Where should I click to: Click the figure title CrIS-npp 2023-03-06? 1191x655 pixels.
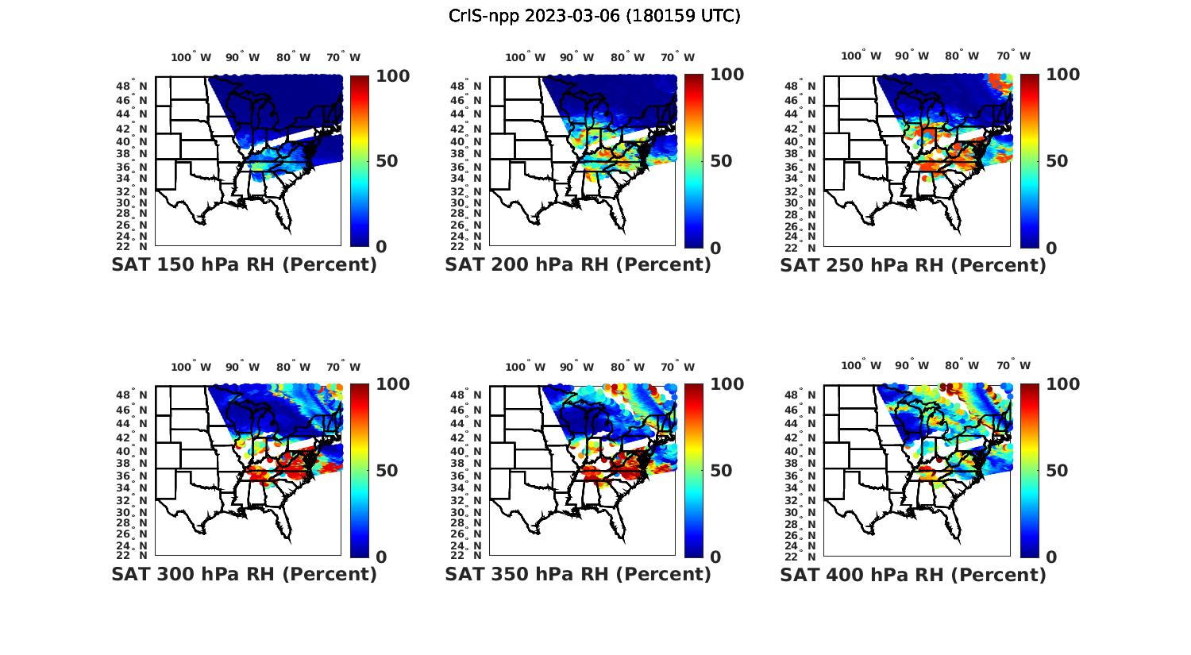[x=594, y=16]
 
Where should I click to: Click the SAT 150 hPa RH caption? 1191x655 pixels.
[x=244, y=265]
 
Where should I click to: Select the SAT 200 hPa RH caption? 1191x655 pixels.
[x=578, y=265]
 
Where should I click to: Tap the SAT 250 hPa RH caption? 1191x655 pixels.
[x=913, y=265]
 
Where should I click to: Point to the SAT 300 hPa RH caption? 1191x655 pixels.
[x=244, y=574]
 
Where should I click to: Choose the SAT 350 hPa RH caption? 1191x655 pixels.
[x=578, y=574]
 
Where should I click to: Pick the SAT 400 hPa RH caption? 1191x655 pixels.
[x=913, y=574]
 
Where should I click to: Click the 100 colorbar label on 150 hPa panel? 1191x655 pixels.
[x=369, y=76]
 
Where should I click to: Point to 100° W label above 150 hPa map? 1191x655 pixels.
[x=191, y=57]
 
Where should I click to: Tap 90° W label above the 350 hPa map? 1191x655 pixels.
[x=576, y=367]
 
